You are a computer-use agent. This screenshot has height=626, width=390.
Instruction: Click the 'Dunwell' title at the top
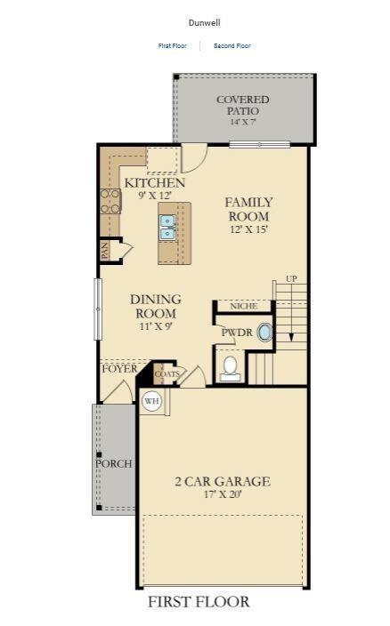pos(204,22)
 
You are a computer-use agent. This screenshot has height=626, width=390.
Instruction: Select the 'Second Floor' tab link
pos(232,45)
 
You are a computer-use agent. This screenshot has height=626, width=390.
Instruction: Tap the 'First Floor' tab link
pos(173,45)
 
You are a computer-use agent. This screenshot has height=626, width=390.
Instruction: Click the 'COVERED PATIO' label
pos(242,105)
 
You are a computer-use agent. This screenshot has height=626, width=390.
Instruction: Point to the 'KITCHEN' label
pos(155,183)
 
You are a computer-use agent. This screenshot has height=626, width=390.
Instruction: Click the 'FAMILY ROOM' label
pos(248,208)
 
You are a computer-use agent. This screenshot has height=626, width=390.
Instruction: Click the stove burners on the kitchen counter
pos(110,201)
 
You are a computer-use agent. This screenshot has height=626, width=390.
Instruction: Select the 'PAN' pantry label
pos(104,251)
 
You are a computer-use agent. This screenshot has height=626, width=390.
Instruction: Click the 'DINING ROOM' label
pos(156,307)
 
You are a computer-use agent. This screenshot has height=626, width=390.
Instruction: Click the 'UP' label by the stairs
pos(290,279)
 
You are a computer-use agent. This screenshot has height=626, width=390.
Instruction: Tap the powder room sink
pos(264,333)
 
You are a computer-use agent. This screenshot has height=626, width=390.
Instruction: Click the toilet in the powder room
pos(230,366)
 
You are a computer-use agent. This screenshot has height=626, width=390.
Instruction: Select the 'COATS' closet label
pos(167,374)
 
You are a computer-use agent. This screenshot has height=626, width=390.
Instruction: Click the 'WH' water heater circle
pos(151,401)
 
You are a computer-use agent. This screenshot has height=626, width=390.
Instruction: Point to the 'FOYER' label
pos(119,368)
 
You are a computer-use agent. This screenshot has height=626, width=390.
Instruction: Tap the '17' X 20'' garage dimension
pos(222,494)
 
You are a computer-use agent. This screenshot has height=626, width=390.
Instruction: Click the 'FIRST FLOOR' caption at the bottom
pos(199,602)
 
